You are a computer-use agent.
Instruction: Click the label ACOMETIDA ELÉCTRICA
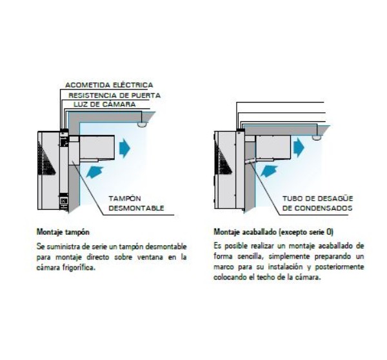(109, 85)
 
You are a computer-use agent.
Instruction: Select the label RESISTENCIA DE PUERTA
(115, 95)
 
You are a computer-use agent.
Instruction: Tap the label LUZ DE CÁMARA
(104, 105)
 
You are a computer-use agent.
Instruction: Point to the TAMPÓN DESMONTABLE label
(136, 203)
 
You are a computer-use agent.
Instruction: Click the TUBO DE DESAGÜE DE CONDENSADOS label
(317, 203)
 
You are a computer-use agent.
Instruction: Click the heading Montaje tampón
(63, 232)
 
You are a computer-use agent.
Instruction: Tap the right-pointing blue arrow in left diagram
(124, 148)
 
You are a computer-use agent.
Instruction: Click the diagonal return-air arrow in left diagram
(95, 172)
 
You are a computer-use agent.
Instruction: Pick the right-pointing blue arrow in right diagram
(299, 147)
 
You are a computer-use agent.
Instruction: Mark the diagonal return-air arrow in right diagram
(269, 172)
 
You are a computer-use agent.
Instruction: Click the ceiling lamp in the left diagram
(143, 125)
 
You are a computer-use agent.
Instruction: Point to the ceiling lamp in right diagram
(317, 137)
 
